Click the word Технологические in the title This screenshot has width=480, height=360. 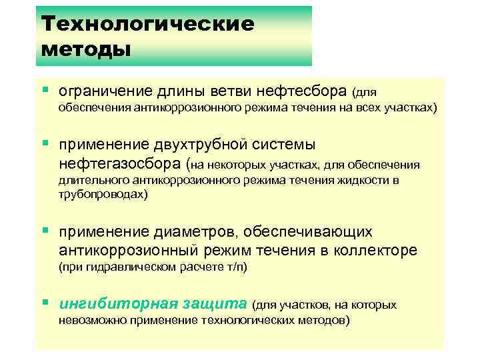tap(147, 24)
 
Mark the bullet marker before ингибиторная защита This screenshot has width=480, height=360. tap(45, 303)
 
